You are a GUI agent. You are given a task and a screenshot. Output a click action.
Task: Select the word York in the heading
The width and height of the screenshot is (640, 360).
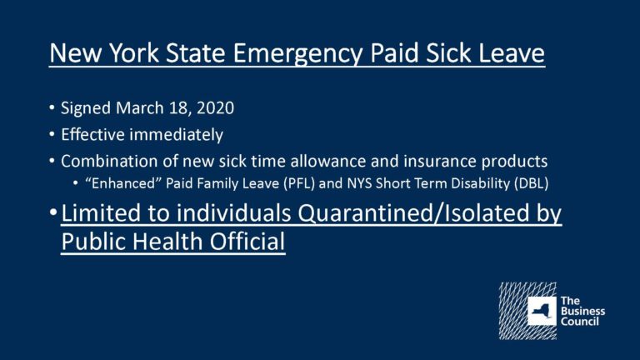pos(134,52)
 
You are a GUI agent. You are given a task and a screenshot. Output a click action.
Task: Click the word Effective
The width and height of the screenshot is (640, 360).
pos(92,134)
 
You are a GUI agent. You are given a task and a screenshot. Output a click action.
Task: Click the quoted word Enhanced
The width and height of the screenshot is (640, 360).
pos(122,182)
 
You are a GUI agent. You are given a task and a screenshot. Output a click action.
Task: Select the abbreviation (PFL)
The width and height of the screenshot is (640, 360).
pos(299,183)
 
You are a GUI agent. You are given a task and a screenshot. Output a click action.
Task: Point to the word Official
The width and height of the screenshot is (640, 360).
pos(247,241)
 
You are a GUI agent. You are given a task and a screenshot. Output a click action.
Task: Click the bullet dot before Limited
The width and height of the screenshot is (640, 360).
pos(53,212)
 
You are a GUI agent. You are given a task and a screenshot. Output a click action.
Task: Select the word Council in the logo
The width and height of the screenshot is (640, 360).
pos(580,321)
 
